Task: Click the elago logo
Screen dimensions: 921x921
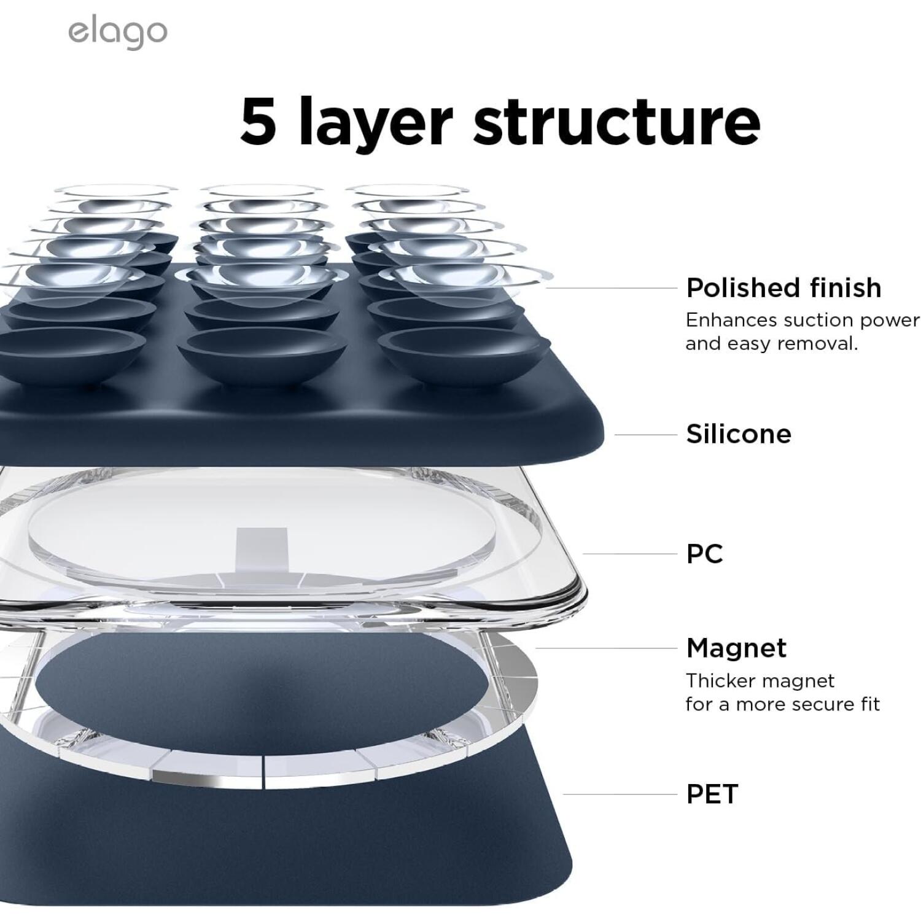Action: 117,34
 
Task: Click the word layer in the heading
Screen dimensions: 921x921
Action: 376,123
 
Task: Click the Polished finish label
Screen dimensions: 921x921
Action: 783,287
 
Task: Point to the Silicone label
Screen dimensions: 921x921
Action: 739,434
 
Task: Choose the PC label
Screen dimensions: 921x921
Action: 705,554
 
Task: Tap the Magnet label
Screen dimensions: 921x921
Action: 736,648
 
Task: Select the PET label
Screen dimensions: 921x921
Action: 712,794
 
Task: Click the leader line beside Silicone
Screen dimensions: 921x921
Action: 645,435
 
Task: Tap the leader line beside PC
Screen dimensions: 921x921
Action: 629,554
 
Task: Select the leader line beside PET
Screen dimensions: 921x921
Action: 620,794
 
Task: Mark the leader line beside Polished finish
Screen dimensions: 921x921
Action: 610,287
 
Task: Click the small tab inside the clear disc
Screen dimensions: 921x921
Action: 256,548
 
